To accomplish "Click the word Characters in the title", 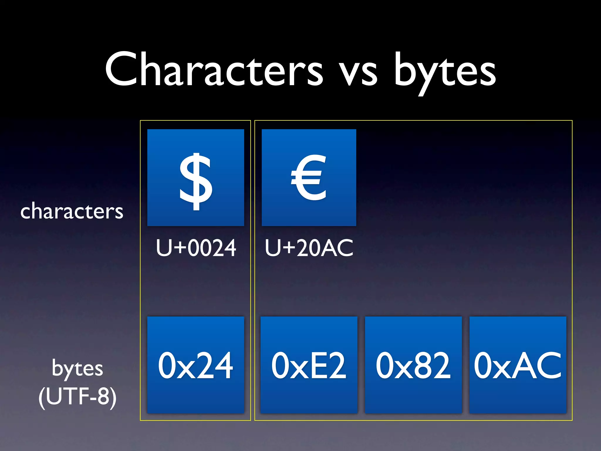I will pyautogui.click(x=214, y=70).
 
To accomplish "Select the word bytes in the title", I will pyautogui.click(x=445, y=72).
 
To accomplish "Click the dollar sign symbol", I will pyautogui.click(x=196, y=182).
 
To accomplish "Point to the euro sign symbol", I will pyautogui.click(x=309, y=178).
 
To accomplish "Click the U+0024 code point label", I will pyautogui.click(x=196, y=248).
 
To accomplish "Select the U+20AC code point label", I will pyautogui.click(x=309, y=248).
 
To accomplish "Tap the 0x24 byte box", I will pyautogui.click(x=196, y=365).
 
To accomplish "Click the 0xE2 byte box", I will pyautogui.click(x=309, y=365).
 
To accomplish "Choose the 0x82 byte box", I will pyautogui.click(x=413, y=365).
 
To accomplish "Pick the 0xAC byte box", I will pyautogui.click(x=518, y=365).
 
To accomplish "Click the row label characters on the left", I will pyautogui.click(x=72, y=211).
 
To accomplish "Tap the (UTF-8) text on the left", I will pyautogui.click(x=77, y=396).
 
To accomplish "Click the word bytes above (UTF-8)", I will pyautogui.click(x=77, y=368).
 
